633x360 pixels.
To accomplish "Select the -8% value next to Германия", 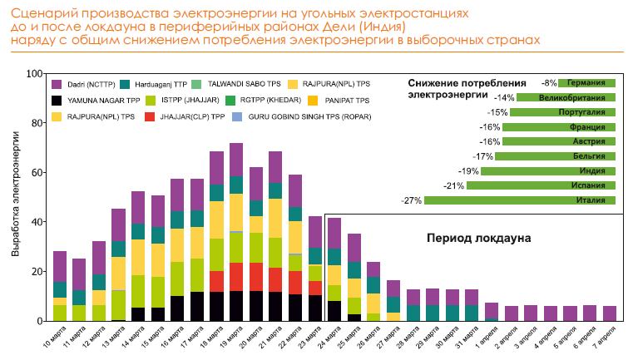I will (x=548, y=83).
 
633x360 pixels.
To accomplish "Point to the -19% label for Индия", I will (x=469, y=171).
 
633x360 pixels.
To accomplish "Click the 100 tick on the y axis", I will (x=34, y=74).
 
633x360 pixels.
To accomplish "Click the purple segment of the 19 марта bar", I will (x=236, y=159).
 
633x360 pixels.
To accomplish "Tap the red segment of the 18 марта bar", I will (x=216, y=281).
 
